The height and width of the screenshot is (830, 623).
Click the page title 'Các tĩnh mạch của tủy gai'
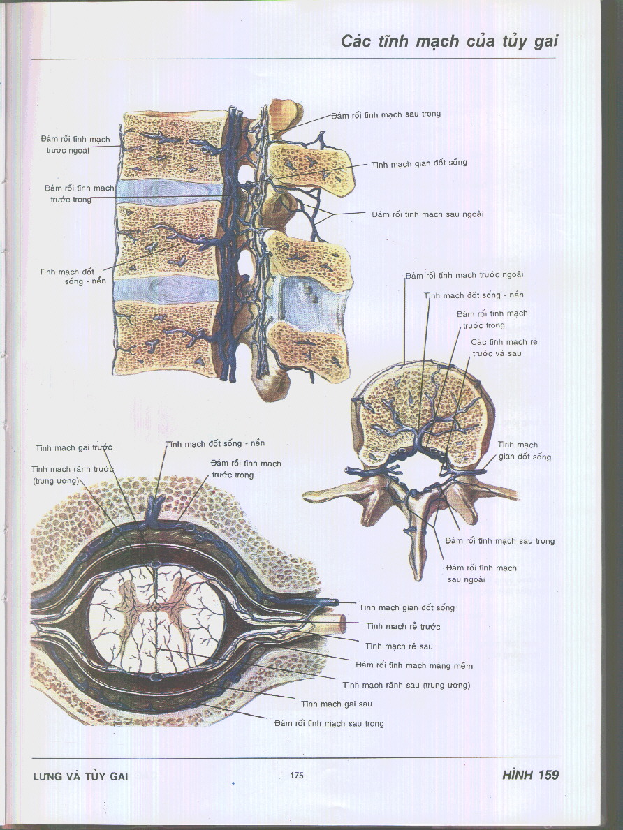point(449,41)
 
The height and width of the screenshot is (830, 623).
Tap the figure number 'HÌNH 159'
point(530,775)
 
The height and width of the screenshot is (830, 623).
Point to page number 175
point(296,776)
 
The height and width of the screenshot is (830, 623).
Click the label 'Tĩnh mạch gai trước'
point(74,447)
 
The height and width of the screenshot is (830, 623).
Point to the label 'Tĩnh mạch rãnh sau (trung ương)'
point(406,685)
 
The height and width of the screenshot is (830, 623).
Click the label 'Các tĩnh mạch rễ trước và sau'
point(504,348)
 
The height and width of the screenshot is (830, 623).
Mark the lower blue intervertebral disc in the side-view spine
point(166,289)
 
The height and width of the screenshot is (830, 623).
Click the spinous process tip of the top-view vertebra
point(418,572)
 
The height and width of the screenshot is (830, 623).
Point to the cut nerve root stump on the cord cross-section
point(335,622)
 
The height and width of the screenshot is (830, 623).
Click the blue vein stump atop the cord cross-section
point(155,508)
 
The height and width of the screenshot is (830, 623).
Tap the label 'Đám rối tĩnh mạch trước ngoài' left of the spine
point(75,145)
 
